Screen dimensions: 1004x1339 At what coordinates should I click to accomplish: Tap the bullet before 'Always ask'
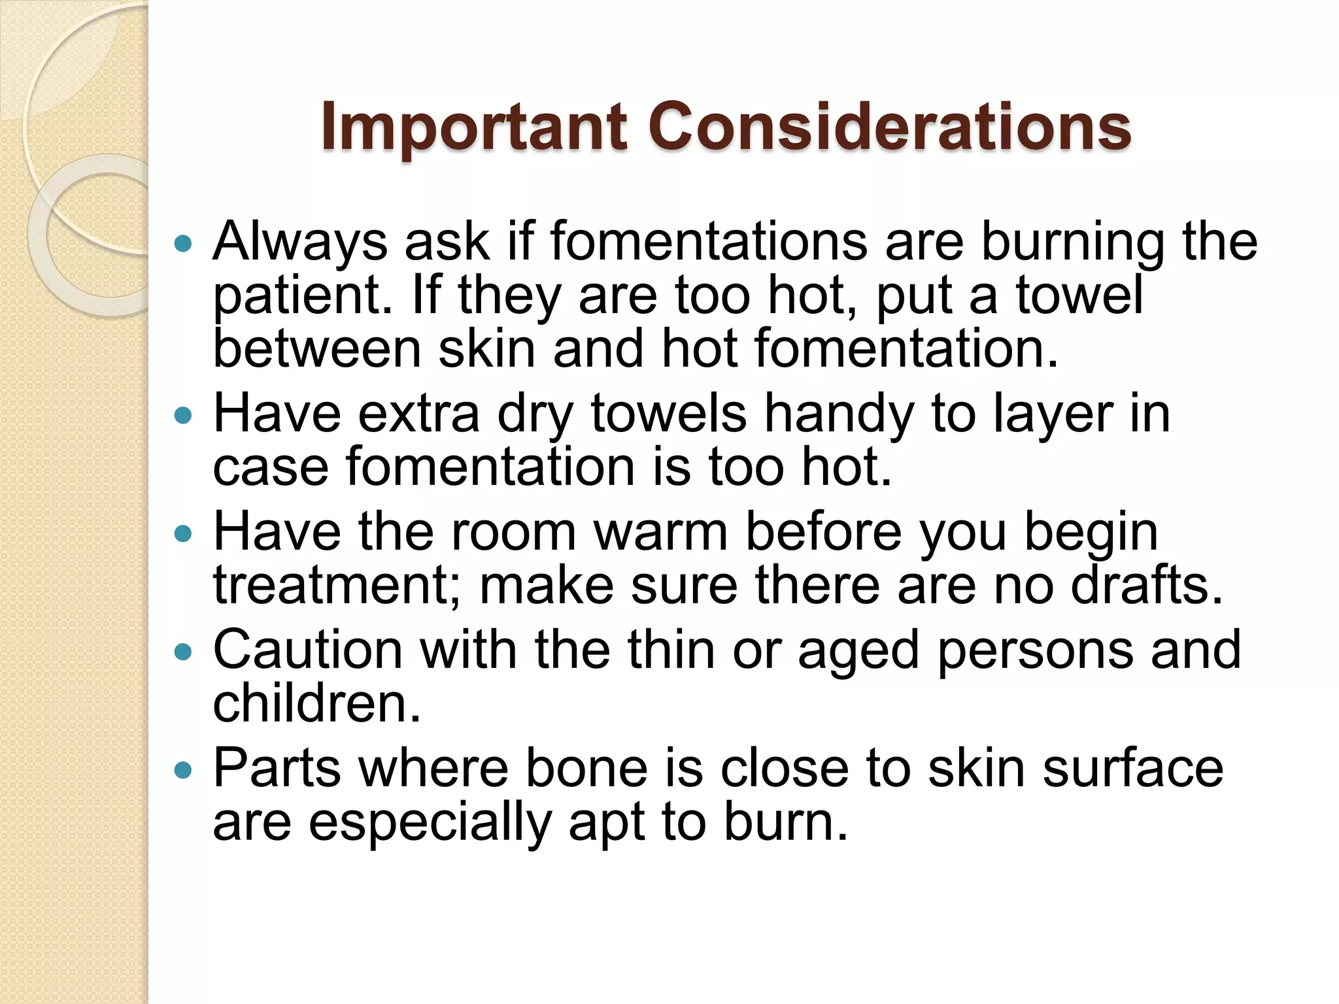pos(184,244)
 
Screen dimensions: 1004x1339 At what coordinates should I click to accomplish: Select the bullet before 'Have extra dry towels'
pos(184,415)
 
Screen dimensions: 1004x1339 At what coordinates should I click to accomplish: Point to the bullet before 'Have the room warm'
pos(184,534)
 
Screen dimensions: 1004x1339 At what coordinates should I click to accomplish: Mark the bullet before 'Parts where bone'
pos(184,770)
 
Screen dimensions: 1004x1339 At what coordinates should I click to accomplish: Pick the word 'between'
pos(317,349)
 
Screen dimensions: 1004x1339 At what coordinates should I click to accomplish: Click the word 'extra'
pos(419,414)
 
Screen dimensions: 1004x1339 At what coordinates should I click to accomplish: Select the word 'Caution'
pos(308,650)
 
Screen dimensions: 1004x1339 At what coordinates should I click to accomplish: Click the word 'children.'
pos(317,704)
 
